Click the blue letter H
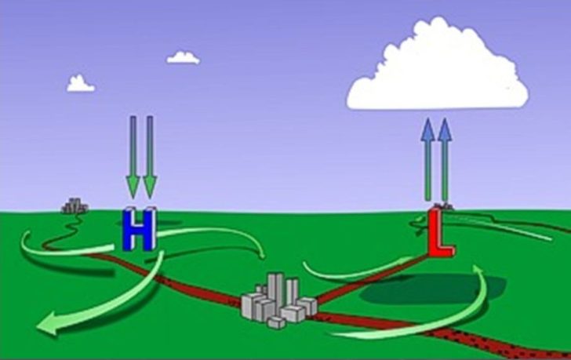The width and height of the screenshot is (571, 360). [140, 229]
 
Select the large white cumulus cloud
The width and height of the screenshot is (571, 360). [438, 66]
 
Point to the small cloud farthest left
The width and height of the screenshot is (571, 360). [81, 84]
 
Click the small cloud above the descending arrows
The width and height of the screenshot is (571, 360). [184, 58]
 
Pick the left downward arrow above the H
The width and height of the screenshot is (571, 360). [133, 157]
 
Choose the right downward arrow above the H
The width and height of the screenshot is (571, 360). [150, 157]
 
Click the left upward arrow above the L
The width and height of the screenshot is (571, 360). [428, 159]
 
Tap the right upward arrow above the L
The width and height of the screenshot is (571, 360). [445, 159]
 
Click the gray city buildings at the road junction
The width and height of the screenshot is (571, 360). [279, 300]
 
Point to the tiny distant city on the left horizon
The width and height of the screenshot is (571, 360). [75, 206]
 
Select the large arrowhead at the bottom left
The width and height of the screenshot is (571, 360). [49, 323]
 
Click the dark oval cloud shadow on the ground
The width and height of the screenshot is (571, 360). [433, 289]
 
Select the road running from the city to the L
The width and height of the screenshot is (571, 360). [372, 278]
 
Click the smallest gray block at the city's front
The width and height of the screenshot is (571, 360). [276, 322]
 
